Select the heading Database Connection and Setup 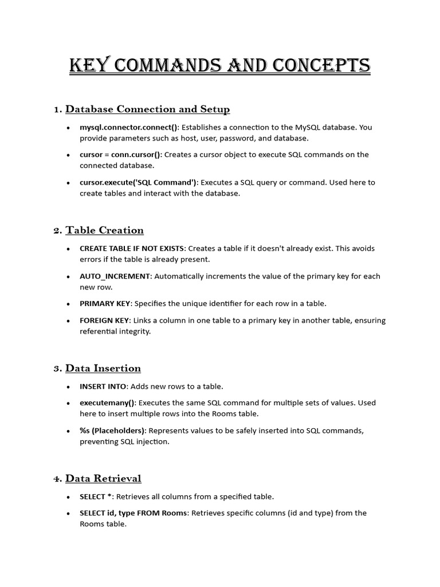click(147, 109)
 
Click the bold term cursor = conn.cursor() click(120, 155)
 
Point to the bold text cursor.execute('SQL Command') click(137, 182)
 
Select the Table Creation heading click(104, 230)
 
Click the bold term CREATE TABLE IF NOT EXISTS click(132, 249)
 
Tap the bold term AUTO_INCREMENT click(115, 276)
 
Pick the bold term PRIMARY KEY click(105, 303)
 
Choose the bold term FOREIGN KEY click(105, 320)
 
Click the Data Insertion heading click(103, 368)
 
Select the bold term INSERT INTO click(103, 386)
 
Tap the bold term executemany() click(107, 403)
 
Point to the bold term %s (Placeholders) click(112, 431)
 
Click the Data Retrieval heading click(103, 478)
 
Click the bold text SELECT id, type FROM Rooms click(133, 513)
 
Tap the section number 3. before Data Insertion click(57, 369)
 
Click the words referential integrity click(115, 331)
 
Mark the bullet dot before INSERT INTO click(69, 387)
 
